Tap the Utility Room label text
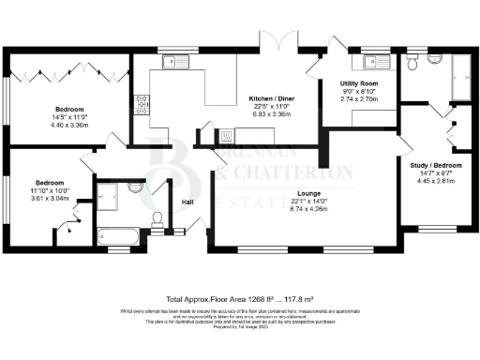357,84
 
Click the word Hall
187,201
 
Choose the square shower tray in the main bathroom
109,196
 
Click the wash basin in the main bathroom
132,190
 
